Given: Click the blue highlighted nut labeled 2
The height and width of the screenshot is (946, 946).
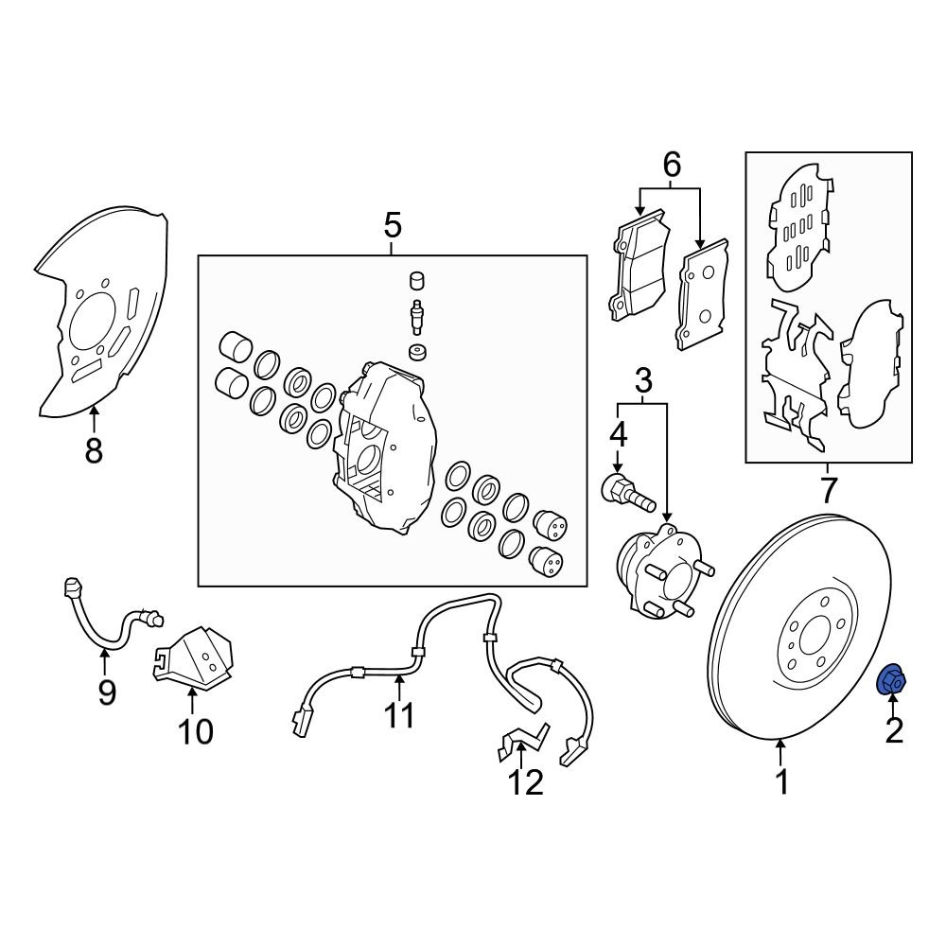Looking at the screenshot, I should click(x=892, y=680).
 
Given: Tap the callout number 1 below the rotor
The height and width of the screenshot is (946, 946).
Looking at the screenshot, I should click(x=781, y=782).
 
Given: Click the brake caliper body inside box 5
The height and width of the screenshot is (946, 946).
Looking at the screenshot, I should click(x=383, y=445).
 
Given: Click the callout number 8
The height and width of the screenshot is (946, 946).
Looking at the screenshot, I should click(x=93, y=451).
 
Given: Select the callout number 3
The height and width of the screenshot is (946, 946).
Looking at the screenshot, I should click(x=642, y=382).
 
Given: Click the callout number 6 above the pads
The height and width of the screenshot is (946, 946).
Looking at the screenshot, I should click(x=671, y=166).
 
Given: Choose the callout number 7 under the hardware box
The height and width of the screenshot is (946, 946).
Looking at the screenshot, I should click(x=828, y=490).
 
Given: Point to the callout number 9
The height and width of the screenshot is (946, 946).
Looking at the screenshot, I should click(x=106, y=692).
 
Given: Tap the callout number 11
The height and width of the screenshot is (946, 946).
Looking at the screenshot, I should click(x=400, y=714).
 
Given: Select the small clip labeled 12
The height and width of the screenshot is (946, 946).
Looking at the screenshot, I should click(x=520, y=743).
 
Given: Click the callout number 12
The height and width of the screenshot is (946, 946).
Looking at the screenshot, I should click(x=525, y=782).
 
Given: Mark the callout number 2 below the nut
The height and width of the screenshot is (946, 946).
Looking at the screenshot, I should click(x=893, y=729).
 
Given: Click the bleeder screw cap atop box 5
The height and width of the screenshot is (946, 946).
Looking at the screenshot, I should click(x=414, y=281).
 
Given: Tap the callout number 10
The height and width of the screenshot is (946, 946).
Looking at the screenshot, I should click(x=196, y=730).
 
